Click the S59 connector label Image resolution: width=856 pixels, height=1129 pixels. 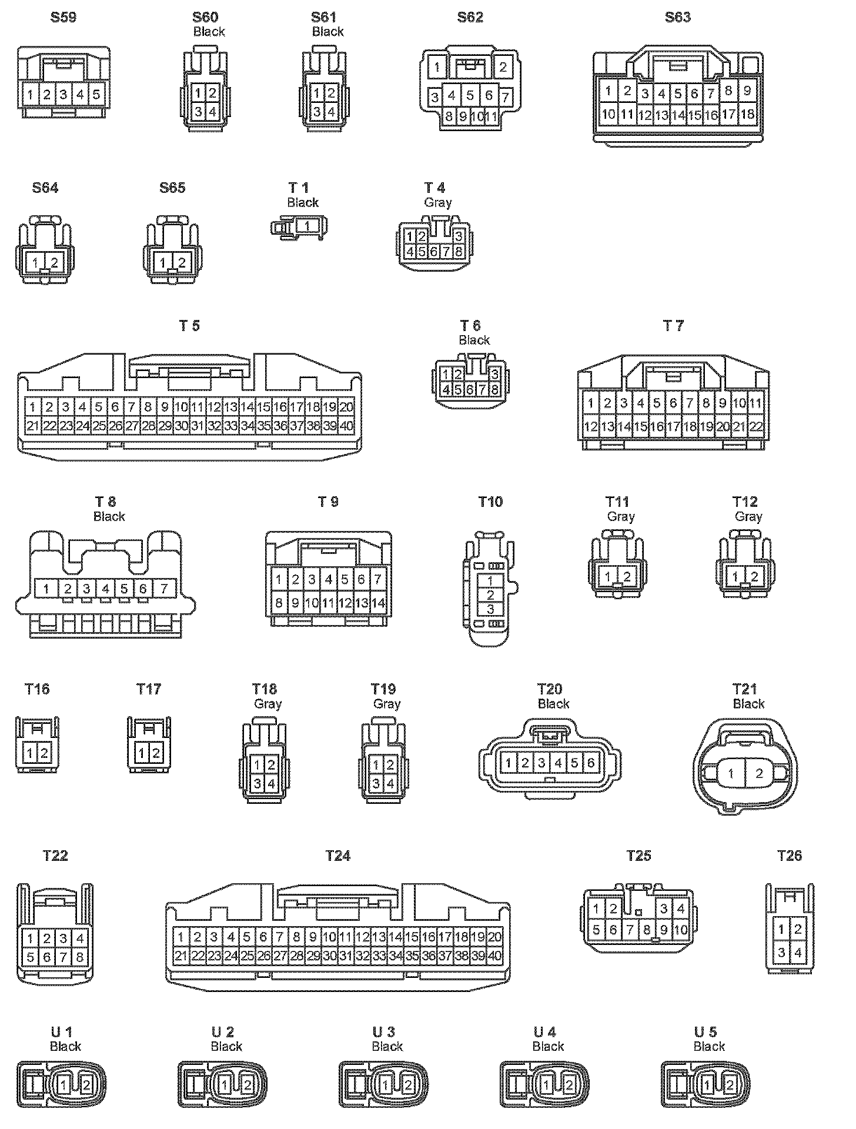click(x=63, y=17)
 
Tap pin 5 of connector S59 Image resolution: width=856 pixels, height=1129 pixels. click(x=97, y=94)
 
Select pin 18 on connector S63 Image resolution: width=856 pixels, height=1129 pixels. click(x=747, y=114)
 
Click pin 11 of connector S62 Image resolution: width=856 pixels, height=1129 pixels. click(x=491, y=116)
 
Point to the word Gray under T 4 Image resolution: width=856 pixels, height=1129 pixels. click(x=437, y=202)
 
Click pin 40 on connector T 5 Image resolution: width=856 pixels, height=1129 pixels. click(x=347, y=426)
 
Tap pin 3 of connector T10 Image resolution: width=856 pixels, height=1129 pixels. click(x=490, y=609)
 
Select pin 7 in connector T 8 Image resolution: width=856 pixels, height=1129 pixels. click(x=164, y=588)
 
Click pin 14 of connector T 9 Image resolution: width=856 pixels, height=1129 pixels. click(x=378, y=603)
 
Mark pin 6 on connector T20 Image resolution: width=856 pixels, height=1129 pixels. click(x=591, y=763)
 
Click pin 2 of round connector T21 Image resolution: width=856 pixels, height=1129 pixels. click(x=759, y=773)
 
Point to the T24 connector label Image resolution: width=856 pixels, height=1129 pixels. click(x=337, y=856)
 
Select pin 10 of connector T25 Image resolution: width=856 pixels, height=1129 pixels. click(x=681, y=930)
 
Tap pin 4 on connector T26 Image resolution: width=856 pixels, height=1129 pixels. click(x=798, y=953)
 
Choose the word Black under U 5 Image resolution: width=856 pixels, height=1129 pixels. click(x=709, y=1046)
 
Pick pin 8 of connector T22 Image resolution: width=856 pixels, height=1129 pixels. click(x=79, y=957)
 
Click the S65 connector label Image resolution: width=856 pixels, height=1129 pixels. click(x=172, y=188)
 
